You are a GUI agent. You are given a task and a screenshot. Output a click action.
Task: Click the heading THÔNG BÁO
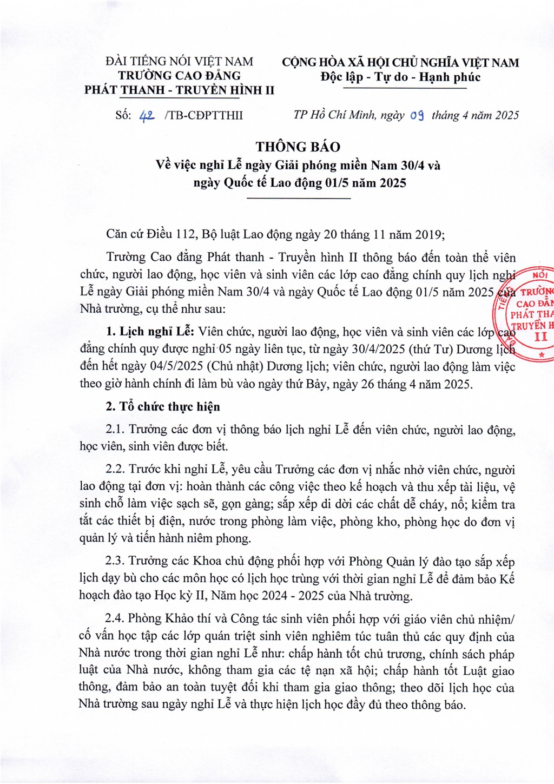298,147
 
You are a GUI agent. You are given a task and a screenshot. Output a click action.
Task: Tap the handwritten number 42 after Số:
147,115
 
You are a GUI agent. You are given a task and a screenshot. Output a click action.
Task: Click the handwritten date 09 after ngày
417,115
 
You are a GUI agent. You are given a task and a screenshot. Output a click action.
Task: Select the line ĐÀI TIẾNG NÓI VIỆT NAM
179,62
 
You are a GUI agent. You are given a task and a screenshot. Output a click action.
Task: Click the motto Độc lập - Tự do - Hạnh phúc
400,77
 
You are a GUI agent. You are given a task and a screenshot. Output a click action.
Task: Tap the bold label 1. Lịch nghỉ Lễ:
150,332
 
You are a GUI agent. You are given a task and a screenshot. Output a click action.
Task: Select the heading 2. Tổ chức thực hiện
163,406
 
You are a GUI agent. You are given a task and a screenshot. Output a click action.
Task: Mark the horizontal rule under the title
298,199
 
